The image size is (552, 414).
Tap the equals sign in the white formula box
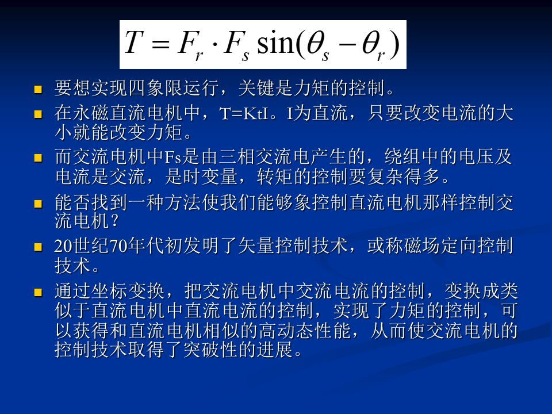[161, 43]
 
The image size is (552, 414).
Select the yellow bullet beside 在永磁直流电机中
[38, 114]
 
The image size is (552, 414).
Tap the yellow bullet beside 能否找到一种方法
[38, 204]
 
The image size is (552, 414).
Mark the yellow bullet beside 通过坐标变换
[38, 292]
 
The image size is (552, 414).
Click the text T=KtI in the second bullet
[244, 114]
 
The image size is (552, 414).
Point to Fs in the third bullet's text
[172, 157]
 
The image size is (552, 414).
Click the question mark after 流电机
[114, 221]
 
